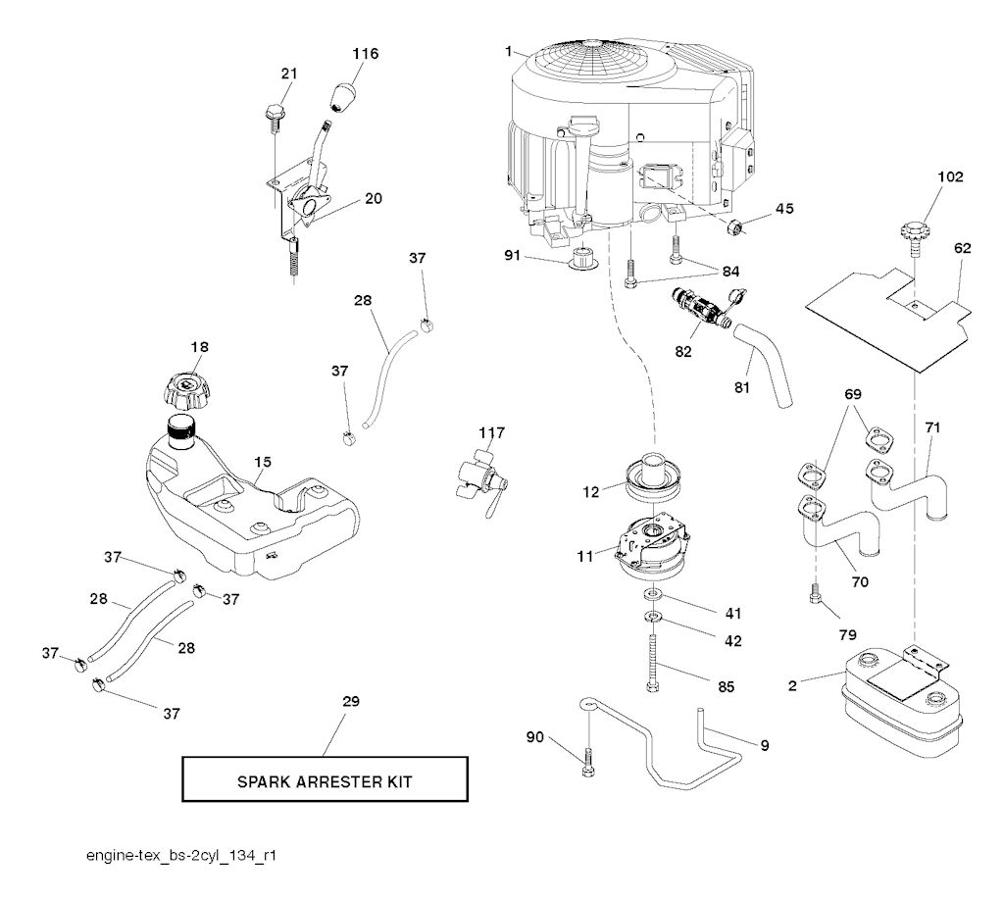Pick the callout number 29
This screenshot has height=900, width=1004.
pyautogui.click(x=351, y=702)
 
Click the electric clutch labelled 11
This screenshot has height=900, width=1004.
pyautogui.click(x=652, y=546)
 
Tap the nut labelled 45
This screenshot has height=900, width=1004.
pyautogui.click(x=732, y=227)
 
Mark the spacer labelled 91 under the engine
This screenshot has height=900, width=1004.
pyautogui.click(x=585, y=263)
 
